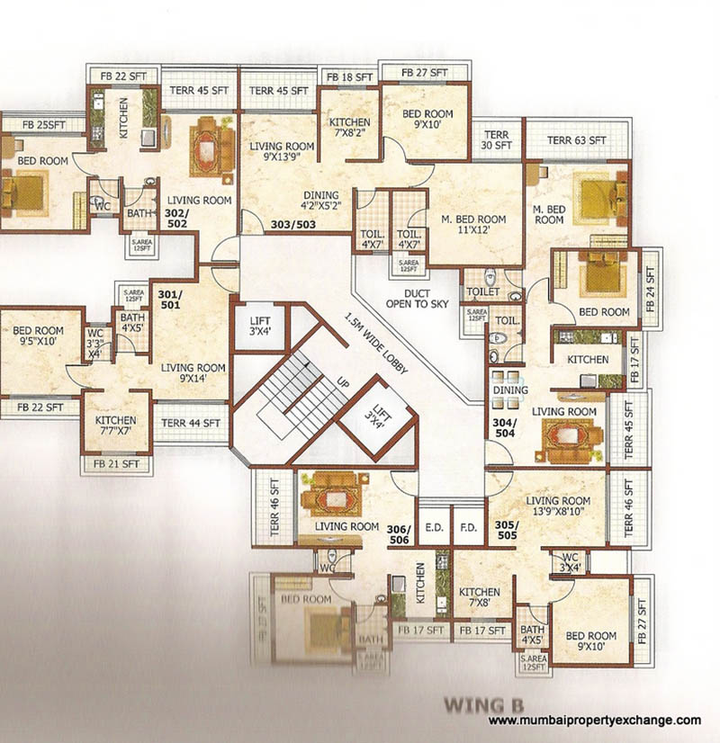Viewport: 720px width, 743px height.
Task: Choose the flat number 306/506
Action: pyautogui.click(x=399, y=533)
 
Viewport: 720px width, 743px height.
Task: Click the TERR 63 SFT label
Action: pyautogui.click(x=577, y=140)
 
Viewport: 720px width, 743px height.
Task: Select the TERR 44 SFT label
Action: pyautogui.click(x=191, y=423)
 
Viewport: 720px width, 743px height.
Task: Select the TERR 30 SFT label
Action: pyautogui.click(x=496, y=139)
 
